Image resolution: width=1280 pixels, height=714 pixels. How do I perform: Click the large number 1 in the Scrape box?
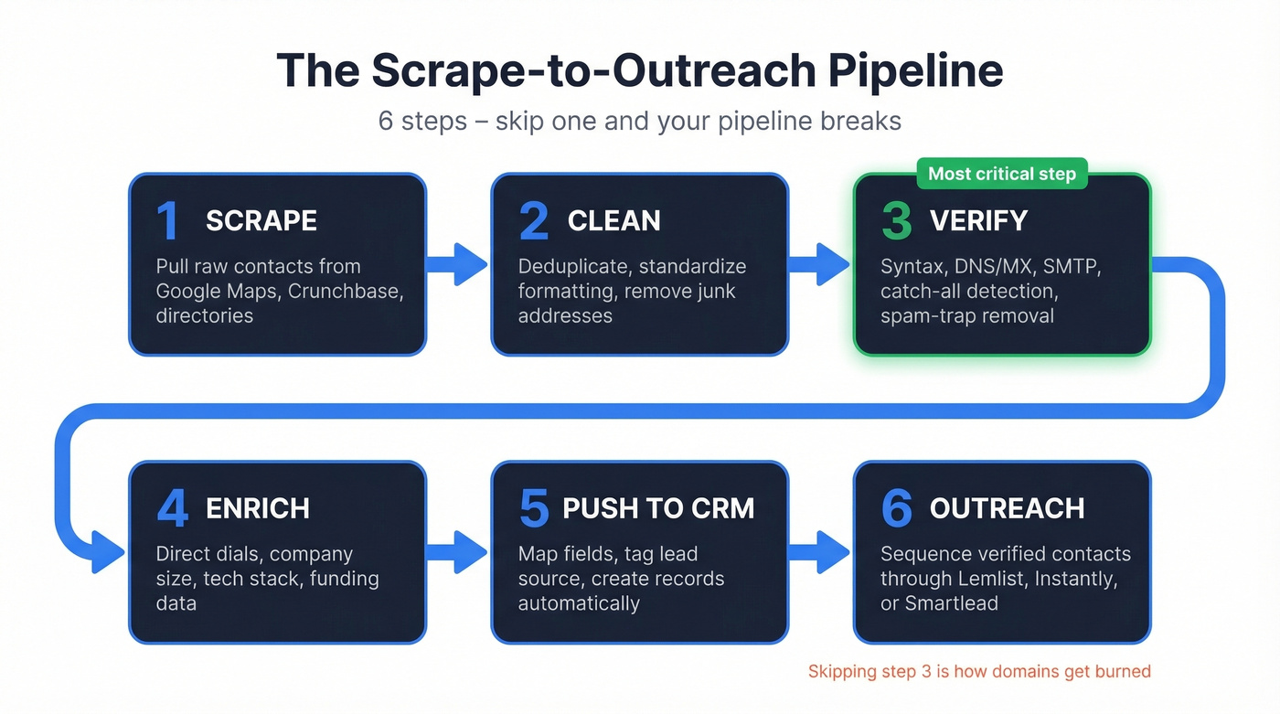[x=167, y=221]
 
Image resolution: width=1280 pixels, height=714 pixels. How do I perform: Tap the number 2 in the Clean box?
[x=534, y=221]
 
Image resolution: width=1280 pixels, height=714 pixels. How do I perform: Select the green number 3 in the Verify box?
[x=896, y=221]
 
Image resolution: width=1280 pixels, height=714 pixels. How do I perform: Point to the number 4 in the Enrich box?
[x=172, y=508]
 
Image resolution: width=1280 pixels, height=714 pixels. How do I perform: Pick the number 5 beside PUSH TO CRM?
[x=534, y=508]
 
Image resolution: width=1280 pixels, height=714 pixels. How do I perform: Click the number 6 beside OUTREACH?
[x=896, y=508]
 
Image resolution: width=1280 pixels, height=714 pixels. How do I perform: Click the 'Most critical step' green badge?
[x=1002, y=174]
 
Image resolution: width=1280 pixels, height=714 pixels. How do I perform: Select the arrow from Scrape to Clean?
[x=457, y=264]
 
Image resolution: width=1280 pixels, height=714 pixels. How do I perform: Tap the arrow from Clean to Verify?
[x=819, y=264]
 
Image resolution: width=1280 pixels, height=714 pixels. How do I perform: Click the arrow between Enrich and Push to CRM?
[x=457, y=552]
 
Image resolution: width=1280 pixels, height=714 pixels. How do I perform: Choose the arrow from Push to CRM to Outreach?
[x=819, y=552]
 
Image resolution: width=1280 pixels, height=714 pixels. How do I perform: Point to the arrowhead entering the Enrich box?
[x=108, y=552]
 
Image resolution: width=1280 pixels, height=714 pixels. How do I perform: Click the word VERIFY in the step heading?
[x=978, y=221]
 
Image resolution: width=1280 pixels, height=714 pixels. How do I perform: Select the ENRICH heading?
[x=258, y=508]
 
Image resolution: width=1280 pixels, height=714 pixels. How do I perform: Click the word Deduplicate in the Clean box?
[x=573, y=267]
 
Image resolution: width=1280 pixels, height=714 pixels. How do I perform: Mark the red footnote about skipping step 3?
[x=979, y=672]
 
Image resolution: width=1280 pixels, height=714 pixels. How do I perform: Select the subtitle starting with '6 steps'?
[x=639, y=121]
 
